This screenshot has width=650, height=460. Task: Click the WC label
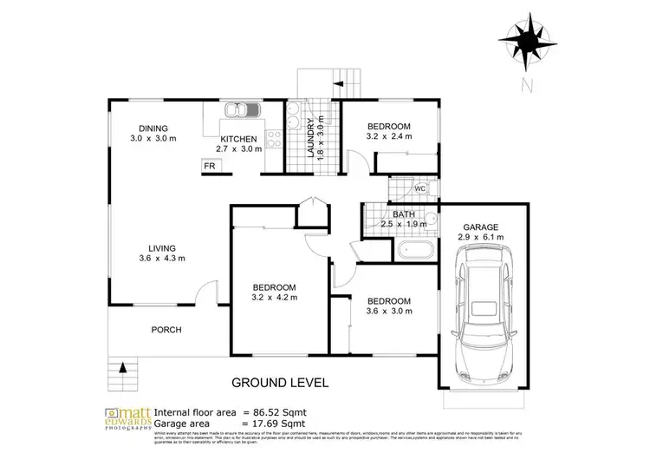pyautogui.click(x=419, y=188)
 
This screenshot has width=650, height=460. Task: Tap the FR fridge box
pyautogui.click(x=209, y=166)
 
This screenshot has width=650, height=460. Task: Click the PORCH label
pyautogui.click(x=165, y=330)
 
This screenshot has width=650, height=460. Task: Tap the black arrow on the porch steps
pyautogui.click(x=122, y=368)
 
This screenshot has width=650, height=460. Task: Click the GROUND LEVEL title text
pyautogui.click(x=280, y=382)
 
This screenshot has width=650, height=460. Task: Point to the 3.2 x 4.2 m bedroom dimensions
pyautogui.click(x=275, y=298)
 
